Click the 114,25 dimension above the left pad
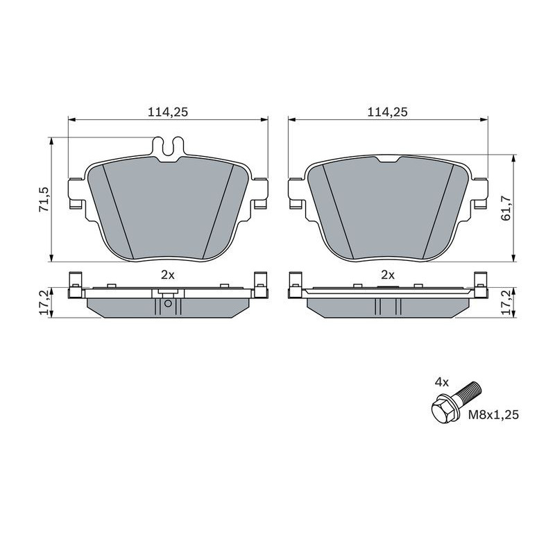(x=168, y=112)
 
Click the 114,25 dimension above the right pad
(x=388, y=112)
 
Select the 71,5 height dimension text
(x=44, y=200)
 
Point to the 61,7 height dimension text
(x=506, y=209)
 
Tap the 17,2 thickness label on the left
(x=44, y=302)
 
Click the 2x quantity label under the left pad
(x=168, y=275)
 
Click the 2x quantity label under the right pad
(x=388, y=275)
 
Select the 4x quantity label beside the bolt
(x=442, y=382)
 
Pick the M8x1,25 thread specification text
(x=493, y=414)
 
